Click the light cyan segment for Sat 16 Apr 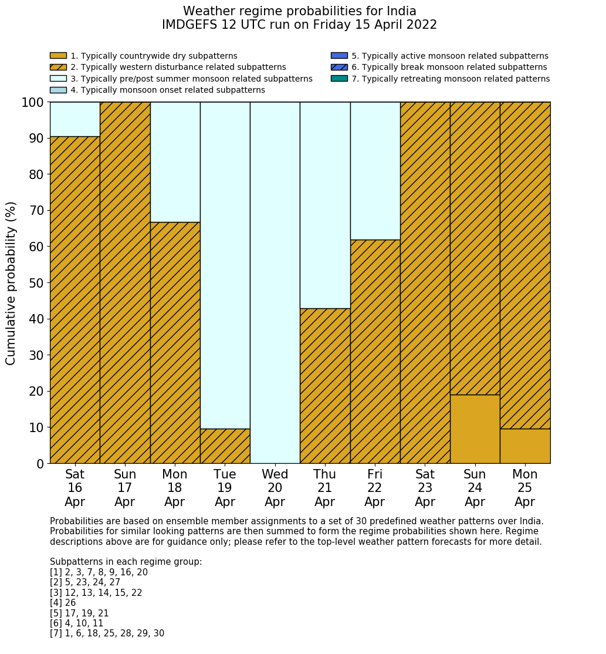click(x=75, y=119)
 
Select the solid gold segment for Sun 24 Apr click(x=475, y=429)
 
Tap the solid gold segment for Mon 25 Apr click(x=525, y=446)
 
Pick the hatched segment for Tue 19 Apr click(x=225, y=446)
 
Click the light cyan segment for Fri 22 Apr click(x=375, y=171)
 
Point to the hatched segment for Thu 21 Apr click(x=325, y=386)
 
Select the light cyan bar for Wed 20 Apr click(x=275, y=282)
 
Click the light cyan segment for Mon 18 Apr click(x=175, y=162)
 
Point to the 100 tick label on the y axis click(x=33, y=102)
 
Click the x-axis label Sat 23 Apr click(x=425, y=488)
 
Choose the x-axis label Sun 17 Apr click(x=125, y=488)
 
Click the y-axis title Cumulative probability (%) click(x=11, y=283)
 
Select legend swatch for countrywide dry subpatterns click(x=58, y=56)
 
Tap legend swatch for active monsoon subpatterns click(x=339, y=56)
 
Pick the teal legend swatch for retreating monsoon click(x=339, y=79)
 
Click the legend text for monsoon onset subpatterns click(x=167, y=90)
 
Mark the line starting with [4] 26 click(x=63, y=603)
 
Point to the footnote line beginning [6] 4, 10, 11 click(x=76, y=623)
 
